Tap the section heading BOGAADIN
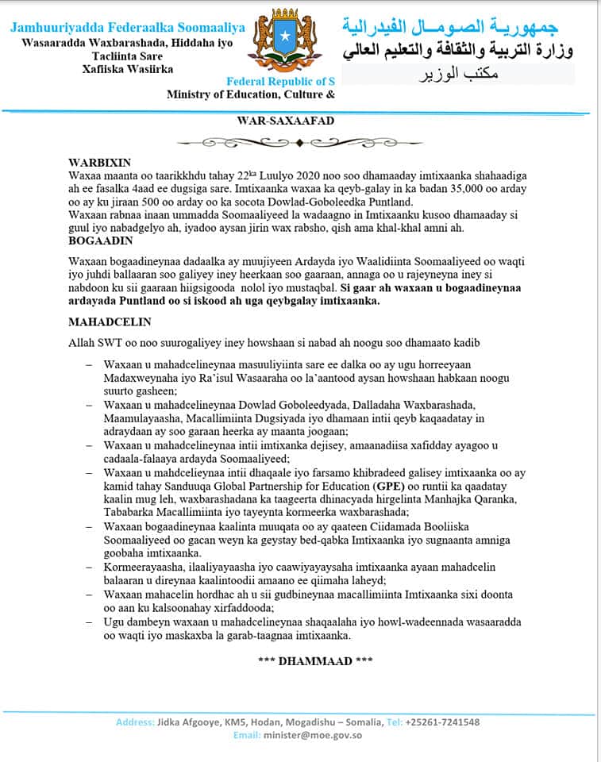pyautogui.click(x=100, y=239)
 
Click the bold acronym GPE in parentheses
pyautogui.click(x=388, y=485)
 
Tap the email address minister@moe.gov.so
pyautogui.click(x=312, y=735)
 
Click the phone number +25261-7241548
pyautogui.click(x=442, y=722)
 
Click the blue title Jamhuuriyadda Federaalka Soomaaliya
pyautogui.click(x=128, y=28)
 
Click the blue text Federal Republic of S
pyautogui.click(x=280, y=82)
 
